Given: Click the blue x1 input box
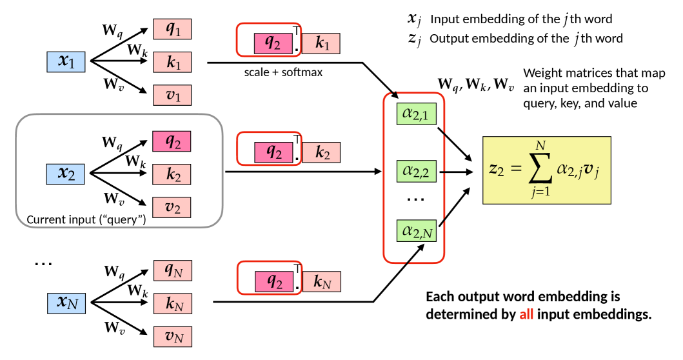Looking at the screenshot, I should pyautogui.click(x=66, y=62).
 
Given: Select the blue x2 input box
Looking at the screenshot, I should pyautogui.click(x=65, y=174).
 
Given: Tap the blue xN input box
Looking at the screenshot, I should pyautogui.click(x=66, y=303).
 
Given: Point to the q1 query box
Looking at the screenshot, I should pyautogui.click(x=172, y=29).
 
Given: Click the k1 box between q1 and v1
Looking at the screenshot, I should pyautogui.click(x=172, y=63).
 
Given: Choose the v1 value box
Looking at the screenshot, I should pyautogui.click(x=172, y=95).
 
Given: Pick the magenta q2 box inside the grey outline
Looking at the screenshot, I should pyautogui.click(x=172, y=141).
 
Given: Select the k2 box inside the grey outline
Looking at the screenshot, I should pyautogui.click(x=172, y=175).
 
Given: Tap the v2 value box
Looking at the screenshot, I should pyautogui.click(x=172, y=208).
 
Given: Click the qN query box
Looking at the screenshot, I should pyautogui.click(x=173, y=270).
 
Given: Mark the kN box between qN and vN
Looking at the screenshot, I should pyautogui.click(x=173, y=304).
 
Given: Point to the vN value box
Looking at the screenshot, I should pyautogui.click(x=173, y=337).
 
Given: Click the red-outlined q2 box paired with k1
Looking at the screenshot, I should pyautogui.click(x=273, y=43).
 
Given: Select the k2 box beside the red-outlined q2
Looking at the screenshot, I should pyautogui.click(x=321, y=153).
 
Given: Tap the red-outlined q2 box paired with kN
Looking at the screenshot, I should pyautogui.click(x=274, y=282).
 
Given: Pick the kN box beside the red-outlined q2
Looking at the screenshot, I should pyautogui.click(x=321, y=282).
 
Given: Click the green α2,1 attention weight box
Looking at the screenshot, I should pyautogui.click(x=417, y=114).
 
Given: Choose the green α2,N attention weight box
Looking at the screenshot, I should pyautogui.click(x=417, y=231).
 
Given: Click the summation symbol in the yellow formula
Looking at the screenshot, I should pyautogui.click(x=540, y=170).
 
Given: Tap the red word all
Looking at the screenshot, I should pyautogui.click(x=526, y=315).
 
